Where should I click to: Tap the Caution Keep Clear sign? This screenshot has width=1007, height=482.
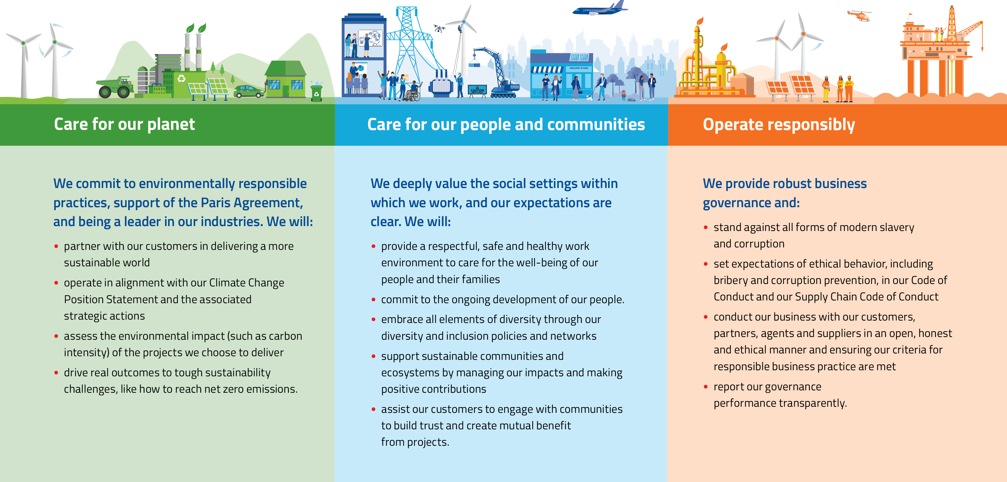tap(477, 90)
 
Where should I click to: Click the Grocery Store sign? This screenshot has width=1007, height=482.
tap(579, 68)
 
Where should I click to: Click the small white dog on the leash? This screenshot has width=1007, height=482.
tap(590, 97)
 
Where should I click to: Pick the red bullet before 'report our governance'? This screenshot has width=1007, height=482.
tap(706, 387)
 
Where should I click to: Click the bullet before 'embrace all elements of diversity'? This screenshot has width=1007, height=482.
tap(373, 319)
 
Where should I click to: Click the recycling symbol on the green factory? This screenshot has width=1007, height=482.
tap(181, 78)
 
